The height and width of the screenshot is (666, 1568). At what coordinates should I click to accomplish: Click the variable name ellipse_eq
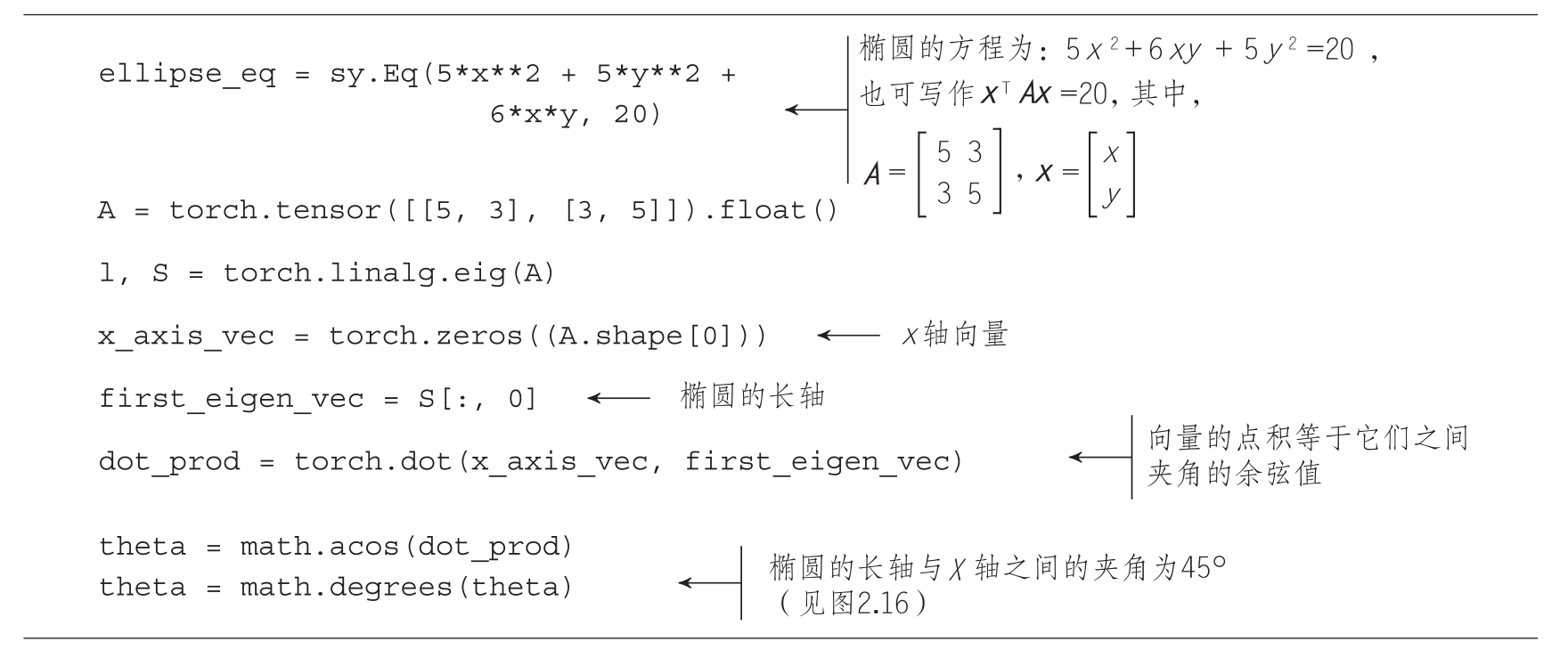[187, 74]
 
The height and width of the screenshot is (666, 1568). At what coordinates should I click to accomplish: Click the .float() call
[779, 211]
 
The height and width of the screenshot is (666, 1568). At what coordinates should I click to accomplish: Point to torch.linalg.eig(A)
[389, 273]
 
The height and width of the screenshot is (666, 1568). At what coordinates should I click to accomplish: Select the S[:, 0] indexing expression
[478, 399]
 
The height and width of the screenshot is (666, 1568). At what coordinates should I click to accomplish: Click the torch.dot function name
[373, 462]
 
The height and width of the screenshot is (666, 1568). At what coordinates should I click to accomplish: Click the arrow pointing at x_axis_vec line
[847, 336]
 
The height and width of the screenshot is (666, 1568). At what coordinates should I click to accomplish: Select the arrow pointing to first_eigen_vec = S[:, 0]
[618, 398]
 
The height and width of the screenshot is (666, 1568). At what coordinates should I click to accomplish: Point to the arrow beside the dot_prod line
[1099, 458]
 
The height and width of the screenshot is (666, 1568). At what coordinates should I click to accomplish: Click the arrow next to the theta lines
[709, 583]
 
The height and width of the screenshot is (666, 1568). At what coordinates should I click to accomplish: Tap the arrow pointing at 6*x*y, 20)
[815, 110]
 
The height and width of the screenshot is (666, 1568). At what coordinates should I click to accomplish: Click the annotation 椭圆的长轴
[752, 396]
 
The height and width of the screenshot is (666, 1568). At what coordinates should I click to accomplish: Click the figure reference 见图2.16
[853, 605]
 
